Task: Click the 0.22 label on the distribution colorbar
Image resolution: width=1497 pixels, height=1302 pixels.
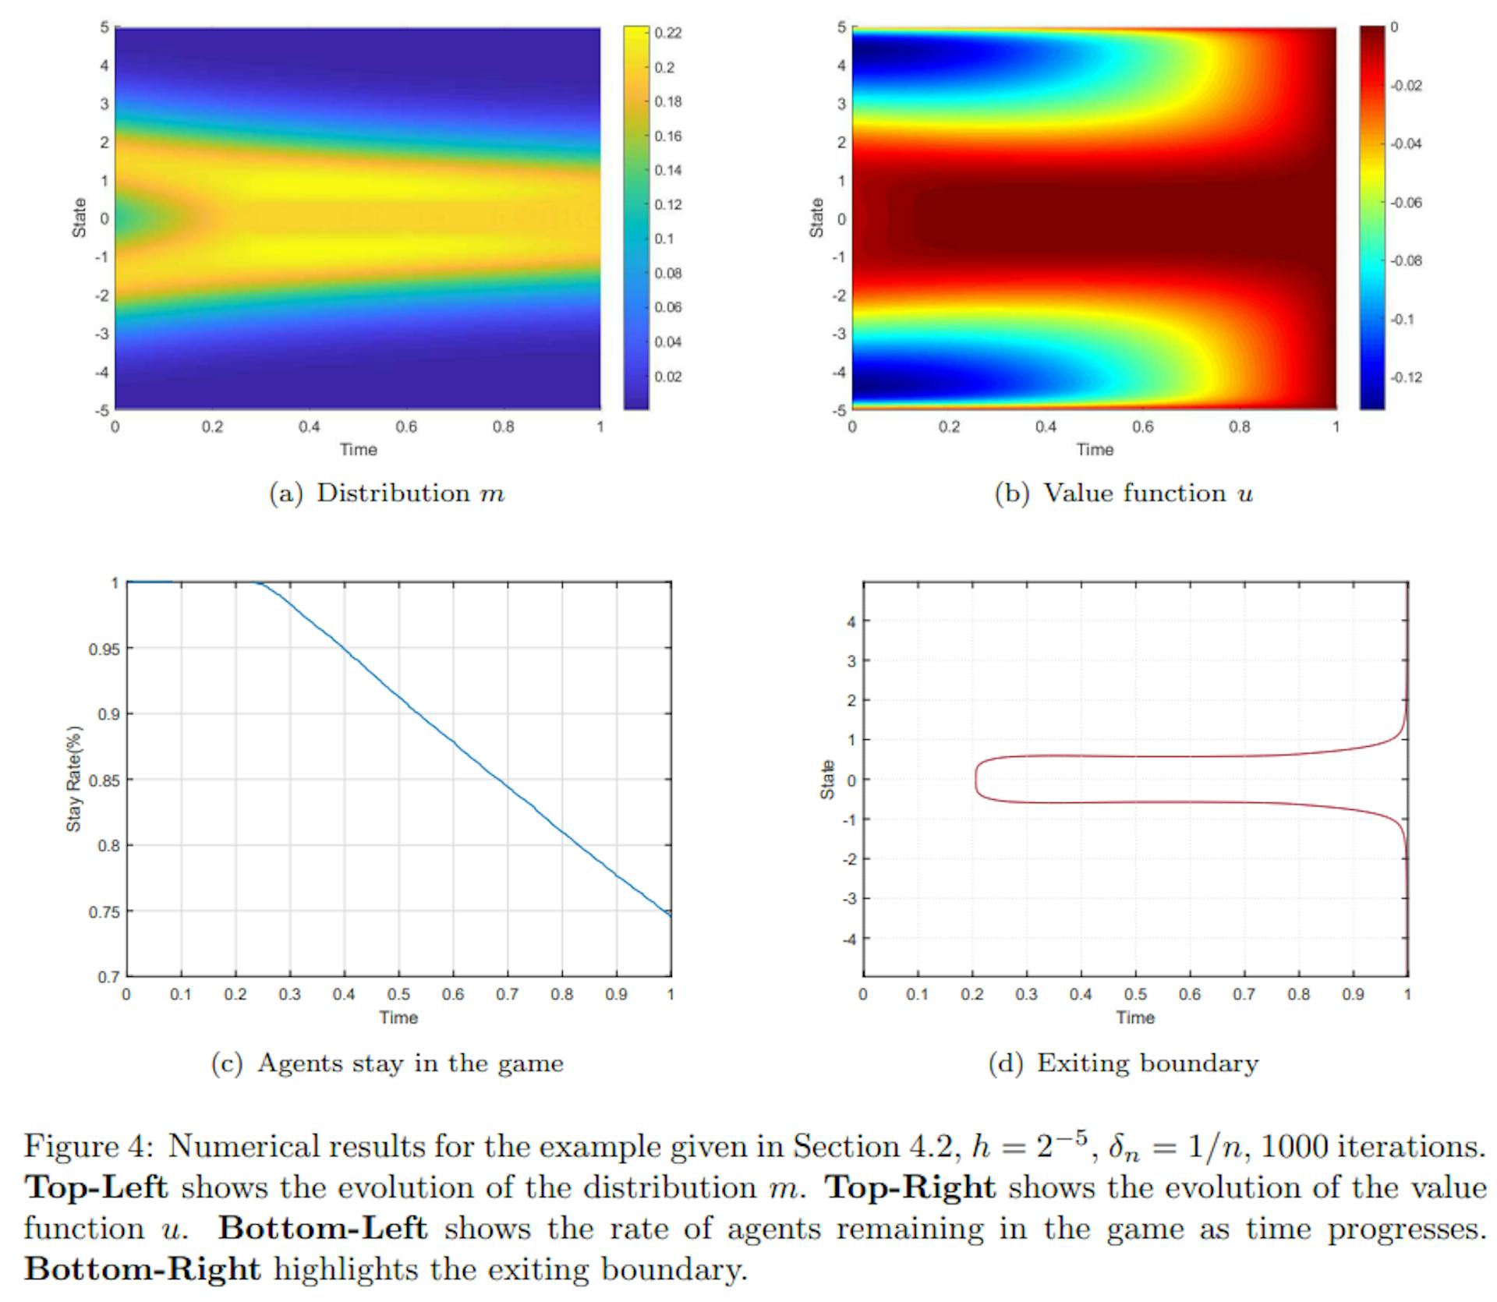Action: click(x=668, y=33)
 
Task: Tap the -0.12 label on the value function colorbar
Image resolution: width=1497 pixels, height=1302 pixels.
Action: click(x=1406, y=377)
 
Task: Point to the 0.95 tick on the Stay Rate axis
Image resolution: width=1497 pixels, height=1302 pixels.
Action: click(x=104, y=649)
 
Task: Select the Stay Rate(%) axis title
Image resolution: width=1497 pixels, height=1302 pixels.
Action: click(x=74, y=779)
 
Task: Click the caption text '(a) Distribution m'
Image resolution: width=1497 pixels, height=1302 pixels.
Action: click(x=387, y=494)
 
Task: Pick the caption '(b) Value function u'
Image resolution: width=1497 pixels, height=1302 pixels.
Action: click(x=1124, y=494)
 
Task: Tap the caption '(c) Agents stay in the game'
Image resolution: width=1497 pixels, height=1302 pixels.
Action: click(x=387, y=1063)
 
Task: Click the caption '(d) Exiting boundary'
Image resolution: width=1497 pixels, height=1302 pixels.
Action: click(x=1123, y=1063)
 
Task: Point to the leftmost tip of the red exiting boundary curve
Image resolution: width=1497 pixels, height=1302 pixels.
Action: click(x=975, y=779)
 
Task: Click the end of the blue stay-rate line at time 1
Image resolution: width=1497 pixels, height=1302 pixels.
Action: click(x=671, y=915)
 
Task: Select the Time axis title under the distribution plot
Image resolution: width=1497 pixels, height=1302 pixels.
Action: click(x=358, y=450)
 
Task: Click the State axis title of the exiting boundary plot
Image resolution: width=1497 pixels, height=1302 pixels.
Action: click(x=827, y=779)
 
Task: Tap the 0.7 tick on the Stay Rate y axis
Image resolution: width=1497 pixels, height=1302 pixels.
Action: click(x=108, y=977)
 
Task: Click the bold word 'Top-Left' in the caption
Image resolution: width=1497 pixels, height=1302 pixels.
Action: click(x=96, y=1187)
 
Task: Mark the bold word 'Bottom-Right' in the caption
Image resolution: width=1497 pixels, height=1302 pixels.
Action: click(x=142, y=1269)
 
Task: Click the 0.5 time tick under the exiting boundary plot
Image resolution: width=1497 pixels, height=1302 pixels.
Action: click(x=1135, y=995)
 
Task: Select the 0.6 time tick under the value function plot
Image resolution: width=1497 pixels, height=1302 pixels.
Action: click(x=1142, y=427)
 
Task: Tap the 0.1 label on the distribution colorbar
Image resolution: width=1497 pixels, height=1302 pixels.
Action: click(x=664, y=239)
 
